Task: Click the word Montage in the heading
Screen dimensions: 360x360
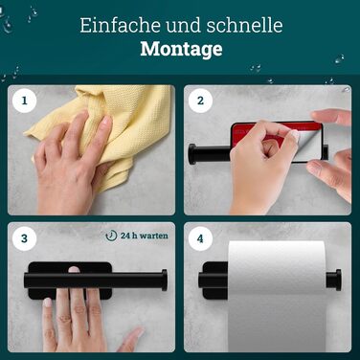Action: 181,49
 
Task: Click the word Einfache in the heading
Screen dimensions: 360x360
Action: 122,25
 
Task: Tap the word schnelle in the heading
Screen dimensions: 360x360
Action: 244,25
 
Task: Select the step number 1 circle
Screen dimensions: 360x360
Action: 24,101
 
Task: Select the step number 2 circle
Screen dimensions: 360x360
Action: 200,101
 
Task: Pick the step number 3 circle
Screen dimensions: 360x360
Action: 24,238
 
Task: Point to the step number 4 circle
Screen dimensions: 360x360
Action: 200,238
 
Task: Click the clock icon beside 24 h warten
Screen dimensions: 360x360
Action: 111,236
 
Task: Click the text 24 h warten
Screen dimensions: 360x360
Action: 145,236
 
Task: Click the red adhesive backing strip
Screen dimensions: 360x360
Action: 275,129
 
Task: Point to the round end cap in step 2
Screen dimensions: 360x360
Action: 192,154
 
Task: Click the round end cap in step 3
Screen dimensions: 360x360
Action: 164,280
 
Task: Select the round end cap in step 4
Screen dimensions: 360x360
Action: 333,280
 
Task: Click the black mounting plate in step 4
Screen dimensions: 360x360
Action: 214,281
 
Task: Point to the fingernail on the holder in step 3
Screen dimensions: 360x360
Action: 74,269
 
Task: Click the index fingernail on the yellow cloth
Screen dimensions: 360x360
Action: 106,122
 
